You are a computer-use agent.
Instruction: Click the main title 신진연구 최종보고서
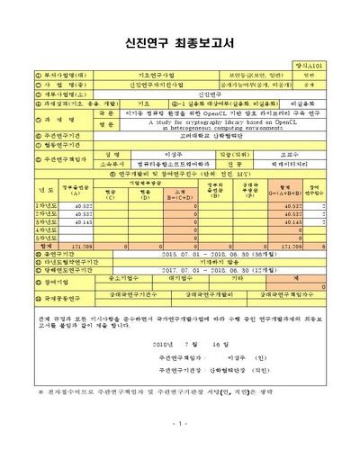pos(180,43)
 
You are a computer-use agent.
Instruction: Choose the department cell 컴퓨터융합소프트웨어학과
pos(179,164)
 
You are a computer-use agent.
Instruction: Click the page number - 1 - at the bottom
pos(180,423)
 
